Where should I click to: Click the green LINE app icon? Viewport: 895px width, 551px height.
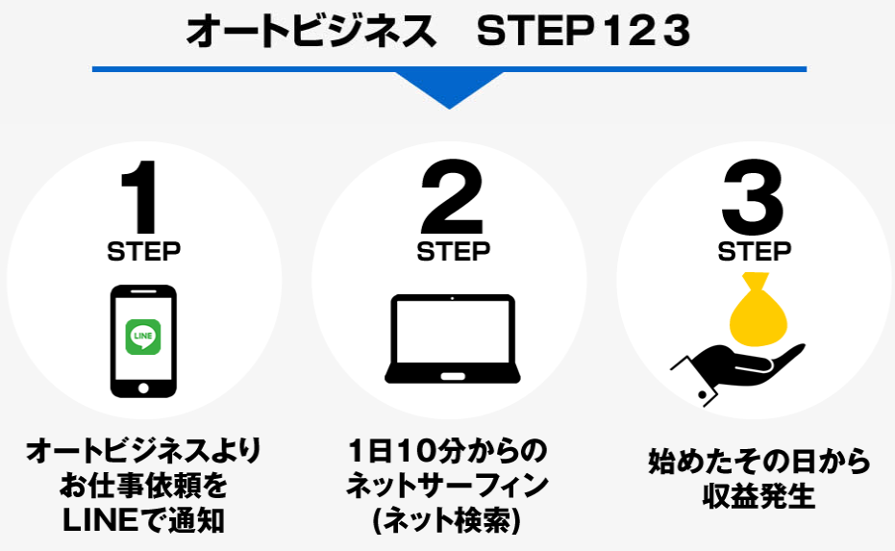click(142, 337)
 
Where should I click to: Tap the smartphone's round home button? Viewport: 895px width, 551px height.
click(143, 388)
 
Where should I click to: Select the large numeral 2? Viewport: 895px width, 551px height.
click(452, 197)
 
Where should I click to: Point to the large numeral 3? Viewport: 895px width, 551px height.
click(753, 197)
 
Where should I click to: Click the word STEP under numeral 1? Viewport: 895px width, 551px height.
click(144, 251)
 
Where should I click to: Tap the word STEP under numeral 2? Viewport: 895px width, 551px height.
click(453, 251)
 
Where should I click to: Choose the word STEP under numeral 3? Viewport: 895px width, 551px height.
click(755, 251)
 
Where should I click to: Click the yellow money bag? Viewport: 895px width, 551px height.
click(758, 312)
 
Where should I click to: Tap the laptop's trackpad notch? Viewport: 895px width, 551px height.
click(453, 377)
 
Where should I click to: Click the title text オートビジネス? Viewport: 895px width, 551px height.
click(311, 31)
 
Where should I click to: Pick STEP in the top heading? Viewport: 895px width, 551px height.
click(535, 31)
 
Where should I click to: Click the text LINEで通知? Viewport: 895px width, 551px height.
click(143, 520)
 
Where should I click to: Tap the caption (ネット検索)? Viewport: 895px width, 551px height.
click(446, 520)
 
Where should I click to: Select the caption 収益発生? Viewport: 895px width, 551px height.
click(759, 495)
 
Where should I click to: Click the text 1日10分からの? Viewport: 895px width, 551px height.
click(448, 451)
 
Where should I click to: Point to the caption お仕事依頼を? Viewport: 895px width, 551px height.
click(143, 486)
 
